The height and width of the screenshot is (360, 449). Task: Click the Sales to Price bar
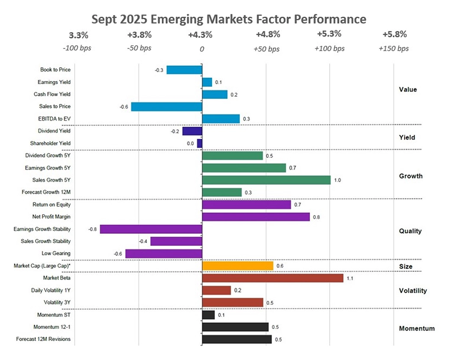coord(167,106)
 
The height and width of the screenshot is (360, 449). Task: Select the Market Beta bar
coord(273,278)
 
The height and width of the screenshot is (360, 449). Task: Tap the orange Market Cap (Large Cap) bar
coord(238,265)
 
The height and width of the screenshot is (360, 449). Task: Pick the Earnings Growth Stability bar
coord(151,229)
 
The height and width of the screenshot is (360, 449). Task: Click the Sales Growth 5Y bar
coord(266,180)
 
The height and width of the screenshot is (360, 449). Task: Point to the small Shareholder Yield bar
coord(200,143)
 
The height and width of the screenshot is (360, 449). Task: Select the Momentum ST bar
coord(208,314)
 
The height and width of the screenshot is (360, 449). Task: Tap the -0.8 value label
coord(92,229)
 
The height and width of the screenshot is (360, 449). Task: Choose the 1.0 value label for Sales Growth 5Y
coord(337,180)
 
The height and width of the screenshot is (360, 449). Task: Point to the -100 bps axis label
coord(76,48)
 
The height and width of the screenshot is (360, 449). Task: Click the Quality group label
coord(410,231)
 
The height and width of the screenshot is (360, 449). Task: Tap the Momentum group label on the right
coord(416,328)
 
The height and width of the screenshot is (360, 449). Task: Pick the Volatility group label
coord(413,291)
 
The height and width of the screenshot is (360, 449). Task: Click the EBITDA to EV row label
coord(55,118)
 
